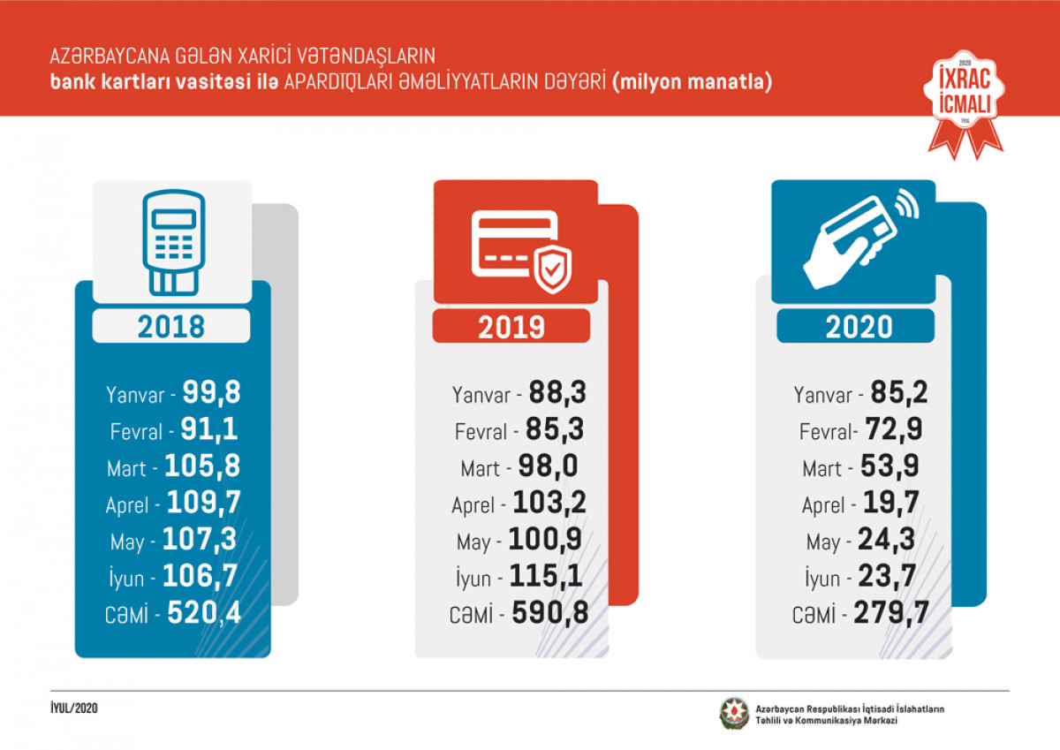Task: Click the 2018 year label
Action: [171, 327]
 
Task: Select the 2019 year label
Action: [511, 328]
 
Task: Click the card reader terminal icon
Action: [172, 240]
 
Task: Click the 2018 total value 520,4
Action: [203, 613]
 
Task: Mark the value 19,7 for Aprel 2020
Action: [889, 504]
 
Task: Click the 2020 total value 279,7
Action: [890, 613]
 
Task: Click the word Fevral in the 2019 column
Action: [481, 432]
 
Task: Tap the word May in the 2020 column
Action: [823, 542]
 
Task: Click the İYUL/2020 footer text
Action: [74, 709]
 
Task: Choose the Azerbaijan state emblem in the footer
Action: [733, 714]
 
